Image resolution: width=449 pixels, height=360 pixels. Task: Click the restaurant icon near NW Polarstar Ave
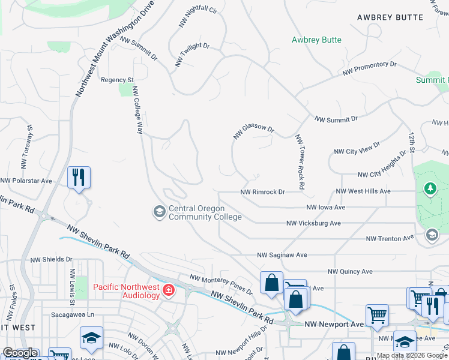[x=79, y=177]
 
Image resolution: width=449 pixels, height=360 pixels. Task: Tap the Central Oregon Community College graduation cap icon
[x=159, y=211]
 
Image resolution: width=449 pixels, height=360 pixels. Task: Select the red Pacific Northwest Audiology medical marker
[x=169, y=290]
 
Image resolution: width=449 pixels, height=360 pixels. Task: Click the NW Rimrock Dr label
[x=262, y=192]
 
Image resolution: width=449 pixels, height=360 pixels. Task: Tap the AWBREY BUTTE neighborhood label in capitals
[x=390, y=17]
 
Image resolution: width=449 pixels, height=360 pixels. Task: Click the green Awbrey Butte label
[x=316, y=40]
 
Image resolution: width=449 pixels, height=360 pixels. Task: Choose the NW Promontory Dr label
[x=370, y=68]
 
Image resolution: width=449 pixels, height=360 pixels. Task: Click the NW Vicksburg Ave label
[x=313, y=223]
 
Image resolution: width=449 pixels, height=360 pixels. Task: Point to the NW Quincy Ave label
[x=348, y=271]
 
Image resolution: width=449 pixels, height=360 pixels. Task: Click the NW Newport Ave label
[x=334, y=324]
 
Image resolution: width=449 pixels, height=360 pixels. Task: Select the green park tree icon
[x=430, y=190]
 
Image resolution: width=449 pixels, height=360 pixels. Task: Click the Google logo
[x=20, y=353]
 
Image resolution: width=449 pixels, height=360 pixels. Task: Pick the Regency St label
[x=117, y=80]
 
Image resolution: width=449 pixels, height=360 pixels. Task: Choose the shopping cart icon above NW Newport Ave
[x=377, y=313]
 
